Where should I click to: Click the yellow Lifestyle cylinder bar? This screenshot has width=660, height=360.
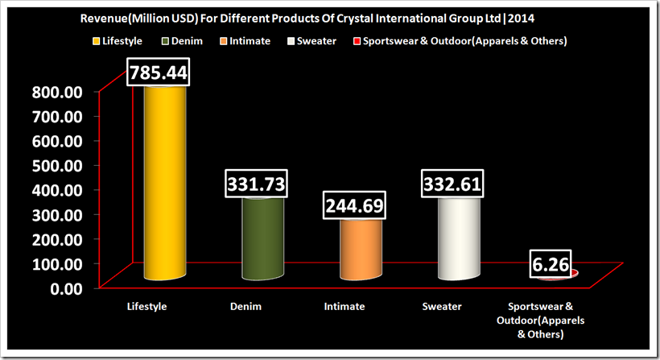(165, 185)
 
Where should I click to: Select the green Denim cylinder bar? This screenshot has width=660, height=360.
(262, 242)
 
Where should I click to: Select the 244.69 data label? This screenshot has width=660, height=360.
(356, 206)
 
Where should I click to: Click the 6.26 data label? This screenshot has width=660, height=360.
(550, 264)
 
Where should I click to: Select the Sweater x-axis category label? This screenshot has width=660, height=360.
(441, 307)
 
